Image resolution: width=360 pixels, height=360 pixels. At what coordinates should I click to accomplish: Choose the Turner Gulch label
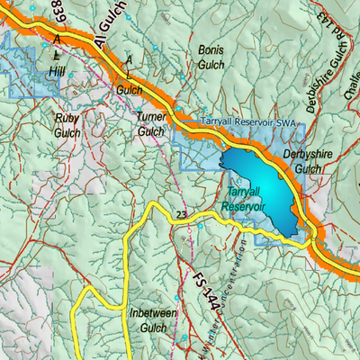150,123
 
